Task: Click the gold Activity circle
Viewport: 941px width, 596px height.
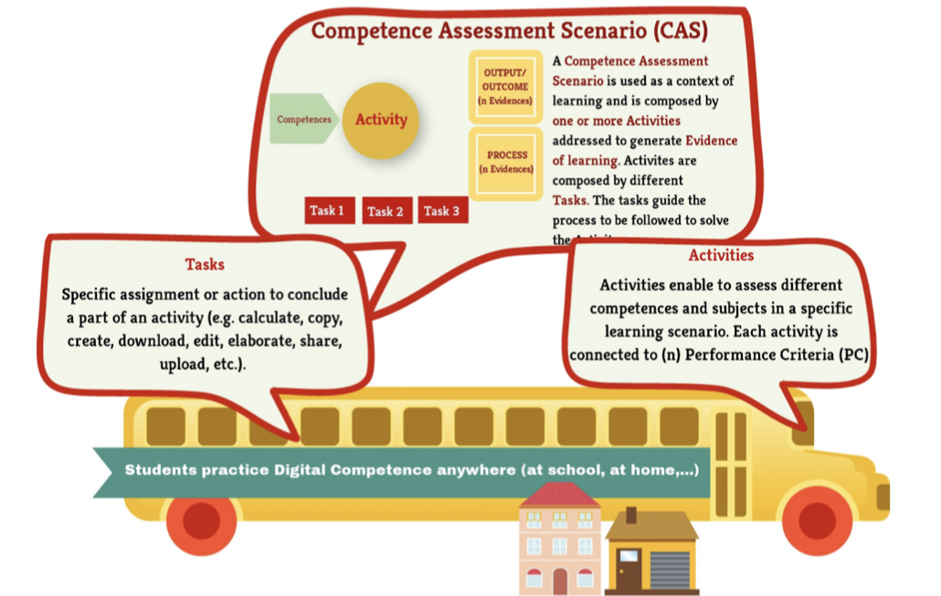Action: coord(381,120)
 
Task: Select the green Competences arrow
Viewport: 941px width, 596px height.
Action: coord(304,119)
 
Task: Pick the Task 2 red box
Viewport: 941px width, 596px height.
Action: coord(386,211)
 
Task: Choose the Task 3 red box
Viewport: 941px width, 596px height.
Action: coord(442,210)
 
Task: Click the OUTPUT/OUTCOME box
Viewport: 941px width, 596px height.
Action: coord(504,87)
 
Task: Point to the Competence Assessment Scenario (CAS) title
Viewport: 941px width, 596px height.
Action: coord(510,31)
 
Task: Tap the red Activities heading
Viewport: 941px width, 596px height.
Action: coord(721,255)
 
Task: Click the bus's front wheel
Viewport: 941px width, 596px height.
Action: coord(817,519)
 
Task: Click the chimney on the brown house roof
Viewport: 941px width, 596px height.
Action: coord(630,515)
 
